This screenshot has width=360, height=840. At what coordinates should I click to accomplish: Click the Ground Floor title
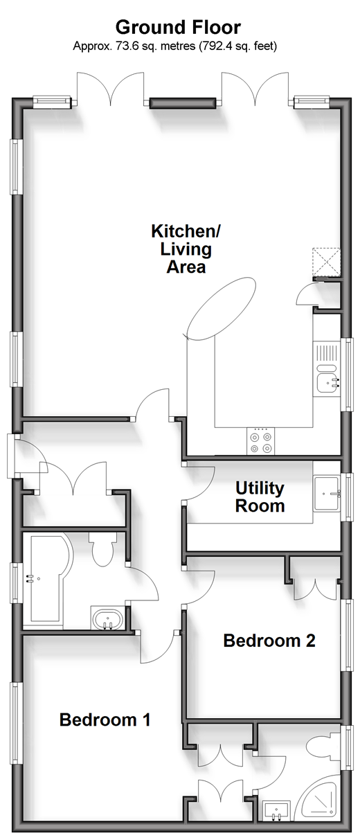click(178, 28)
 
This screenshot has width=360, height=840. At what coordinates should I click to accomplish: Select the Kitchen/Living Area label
click(186, 249)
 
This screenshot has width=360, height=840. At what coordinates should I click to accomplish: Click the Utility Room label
click(260, 497)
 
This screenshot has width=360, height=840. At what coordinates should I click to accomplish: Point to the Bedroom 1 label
click(105, 720)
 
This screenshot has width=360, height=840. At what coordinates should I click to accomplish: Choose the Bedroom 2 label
click(269, 641)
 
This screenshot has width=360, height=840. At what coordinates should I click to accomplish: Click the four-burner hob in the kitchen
click(260, 442)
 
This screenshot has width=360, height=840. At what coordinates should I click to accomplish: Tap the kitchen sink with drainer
click(327, 369)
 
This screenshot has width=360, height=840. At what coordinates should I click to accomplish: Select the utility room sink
click(327, 494)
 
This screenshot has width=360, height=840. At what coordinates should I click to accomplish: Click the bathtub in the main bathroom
click(48, 578)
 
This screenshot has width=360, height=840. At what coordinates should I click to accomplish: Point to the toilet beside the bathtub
click(102, 549)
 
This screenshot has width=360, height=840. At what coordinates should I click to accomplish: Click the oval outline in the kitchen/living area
click(222, 309)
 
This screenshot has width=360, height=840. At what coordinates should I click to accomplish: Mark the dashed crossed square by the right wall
click(327, 262)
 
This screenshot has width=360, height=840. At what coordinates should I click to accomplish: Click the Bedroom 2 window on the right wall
click(348, 635)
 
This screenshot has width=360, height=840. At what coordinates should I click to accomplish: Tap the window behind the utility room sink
click(348, 497)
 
